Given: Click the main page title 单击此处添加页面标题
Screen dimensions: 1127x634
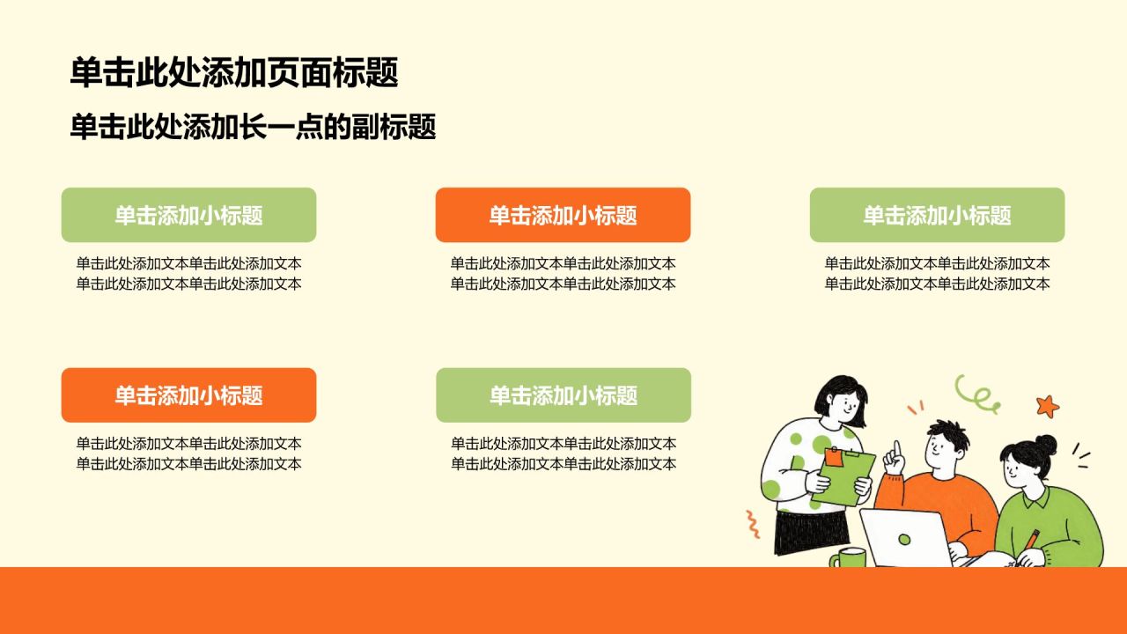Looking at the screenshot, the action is pyautogui.click(x=234, y=72).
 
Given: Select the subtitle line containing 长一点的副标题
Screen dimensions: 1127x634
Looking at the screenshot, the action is pyautogui.click(x=253, y=126).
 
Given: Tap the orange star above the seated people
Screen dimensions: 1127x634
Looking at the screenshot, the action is pyautogui.click(x=1048, y=406).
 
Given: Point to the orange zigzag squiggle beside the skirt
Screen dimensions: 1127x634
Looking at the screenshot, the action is pyautogui.click(x=752, y=524).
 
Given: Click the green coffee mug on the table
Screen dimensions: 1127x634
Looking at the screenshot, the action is pyautogui.click(x=849, y=557).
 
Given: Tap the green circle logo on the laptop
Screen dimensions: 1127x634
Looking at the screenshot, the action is pyautogui.click(x=904, y=540).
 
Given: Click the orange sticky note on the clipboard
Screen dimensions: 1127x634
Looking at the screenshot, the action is pyautogui.click(x=834, y=457).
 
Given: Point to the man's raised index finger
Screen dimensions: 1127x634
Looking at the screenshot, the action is pyautogui.click(x=896, y=449).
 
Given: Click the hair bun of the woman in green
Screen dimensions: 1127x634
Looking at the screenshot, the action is pyautogui.click(x=1045, y=445).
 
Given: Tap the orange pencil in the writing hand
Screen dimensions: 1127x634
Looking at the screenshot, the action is pyautogui.click(x=1030, y=541).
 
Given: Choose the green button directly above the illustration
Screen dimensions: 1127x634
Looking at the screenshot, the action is pyautogui.click(x=937, y=215).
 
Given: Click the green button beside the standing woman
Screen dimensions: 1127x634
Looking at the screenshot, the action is pyautogui.click(x=563, y=395).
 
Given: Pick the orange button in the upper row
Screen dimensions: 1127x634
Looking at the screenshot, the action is pyautogui.click(x=563, y=215).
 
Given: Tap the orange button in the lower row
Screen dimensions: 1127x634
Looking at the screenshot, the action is pyautogui.click(x=188, y=395).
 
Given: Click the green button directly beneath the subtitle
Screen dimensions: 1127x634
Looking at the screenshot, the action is pyautogui.click(x=188, y=215).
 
